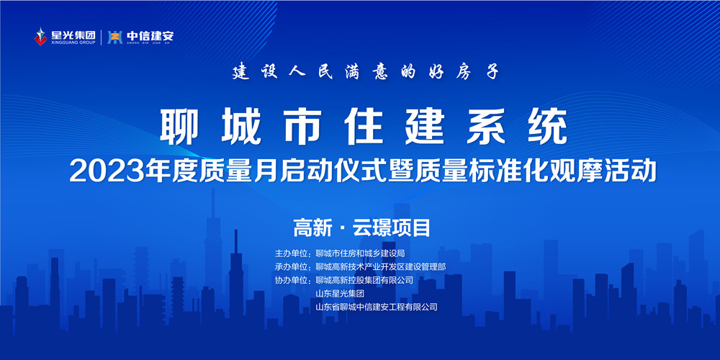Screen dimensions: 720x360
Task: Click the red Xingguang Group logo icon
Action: [40, 37]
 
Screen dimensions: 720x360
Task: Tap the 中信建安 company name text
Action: [150, 35]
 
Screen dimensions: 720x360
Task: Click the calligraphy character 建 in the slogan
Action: [240, 71]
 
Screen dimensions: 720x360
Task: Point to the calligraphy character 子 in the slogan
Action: [492, 71]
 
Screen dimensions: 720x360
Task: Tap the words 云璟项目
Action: [391, 228]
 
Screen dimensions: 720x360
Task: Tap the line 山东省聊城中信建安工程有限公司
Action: [377, 307]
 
